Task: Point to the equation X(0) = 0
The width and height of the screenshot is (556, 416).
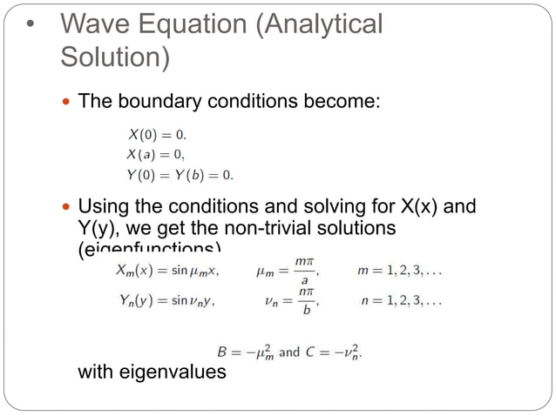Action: (x=157, y=135)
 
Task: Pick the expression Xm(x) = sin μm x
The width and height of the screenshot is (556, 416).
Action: (x=167, y=270)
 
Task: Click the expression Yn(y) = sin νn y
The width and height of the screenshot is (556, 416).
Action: (x=166, y=302)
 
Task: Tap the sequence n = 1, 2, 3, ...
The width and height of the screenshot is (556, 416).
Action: (x=401, y=302)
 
